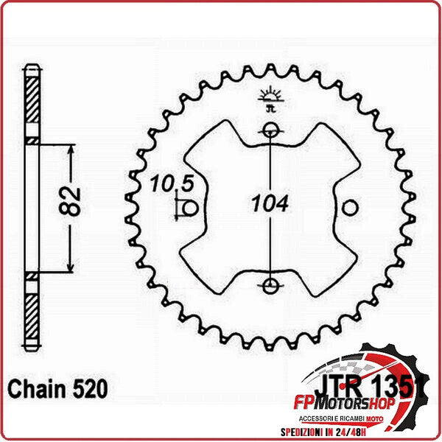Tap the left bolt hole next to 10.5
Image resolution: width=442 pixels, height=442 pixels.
point(190,208)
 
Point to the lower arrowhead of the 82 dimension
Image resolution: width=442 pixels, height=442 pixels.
point(70,268)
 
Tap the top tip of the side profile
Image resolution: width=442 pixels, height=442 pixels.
point(30,69)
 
